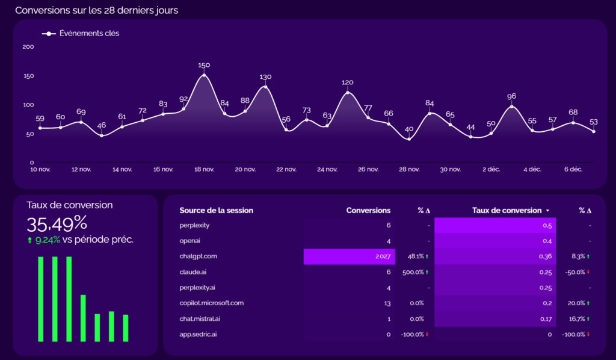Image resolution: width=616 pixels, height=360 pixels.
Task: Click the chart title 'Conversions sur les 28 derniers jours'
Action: click(x=96, y=10)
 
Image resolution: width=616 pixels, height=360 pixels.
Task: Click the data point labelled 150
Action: click(x=204, y=75)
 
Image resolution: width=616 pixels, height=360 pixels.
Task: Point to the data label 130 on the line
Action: click(x=265, y=77)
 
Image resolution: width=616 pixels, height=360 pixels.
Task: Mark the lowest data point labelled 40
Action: click(x=409, y=139)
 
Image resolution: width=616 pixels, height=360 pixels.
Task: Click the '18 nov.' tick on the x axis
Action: click(x=204, y=170)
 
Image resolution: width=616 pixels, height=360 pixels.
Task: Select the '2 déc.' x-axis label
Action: click(x=491, y=170)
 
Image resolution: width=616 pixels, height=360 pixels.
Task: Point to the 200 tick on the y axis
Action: click(x=28, y=46)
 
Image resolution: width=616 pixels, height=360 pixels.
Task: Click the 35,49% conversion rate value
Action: click(x=57, y=224)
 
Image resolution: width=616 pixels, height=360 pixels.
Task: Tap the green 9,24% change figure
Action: click(x=48, y=240)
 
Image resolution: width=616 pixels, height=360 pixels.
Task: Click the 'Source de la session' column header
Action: click(x=216, y=211)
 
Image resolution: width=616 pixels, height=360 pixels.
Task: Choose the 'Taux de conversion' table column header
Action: click(x=507, y=211)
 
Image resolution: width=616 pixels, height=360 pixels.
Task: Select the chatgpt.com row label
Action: click(x=198, y=256)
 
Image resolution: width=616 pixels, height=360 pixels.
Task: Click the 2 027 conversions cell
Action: click(x=382, y=256)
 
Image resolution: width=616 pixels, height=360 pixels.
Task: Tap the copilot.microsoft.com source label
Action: click(x=211, y=303)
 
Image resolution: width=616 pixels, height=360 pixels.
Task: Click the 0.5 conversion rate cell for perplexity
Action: click(x=547, y=225)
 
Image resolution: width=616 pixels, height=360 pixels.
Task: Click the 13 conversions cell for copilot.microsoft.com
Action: click(x=387, y=303)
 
